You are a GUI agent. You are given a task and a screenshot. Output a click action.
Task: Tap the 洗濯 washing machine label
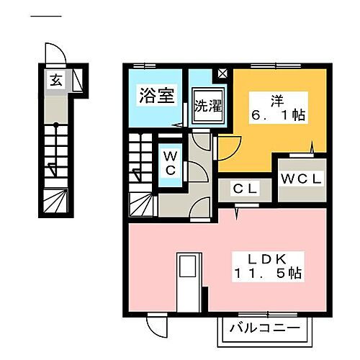click(208, 107)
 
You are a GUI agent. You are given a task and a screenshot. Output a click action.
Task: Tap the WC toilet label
click(171, 163)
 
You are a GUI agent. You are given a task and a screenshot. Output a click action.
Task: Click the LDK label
click(271, 257)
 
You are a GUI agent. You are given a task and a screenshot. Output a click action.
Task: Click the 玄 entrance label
click(55, 79)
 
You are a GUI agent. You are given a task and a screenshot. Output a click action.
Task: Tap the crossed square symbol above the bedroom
click(222, 73)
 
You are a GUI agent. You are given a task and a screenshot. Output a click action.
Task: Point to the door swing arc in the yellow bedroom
click(229, 148)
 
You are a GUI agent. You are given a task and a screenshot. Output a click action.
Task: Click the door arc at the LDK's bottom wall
click(156, 328)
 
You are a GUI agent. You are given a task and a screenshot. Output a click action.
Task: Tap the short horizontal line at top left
click(49, 16)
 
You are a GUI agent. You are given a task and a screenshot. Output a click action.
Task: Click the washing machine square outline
click(208, 108)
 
